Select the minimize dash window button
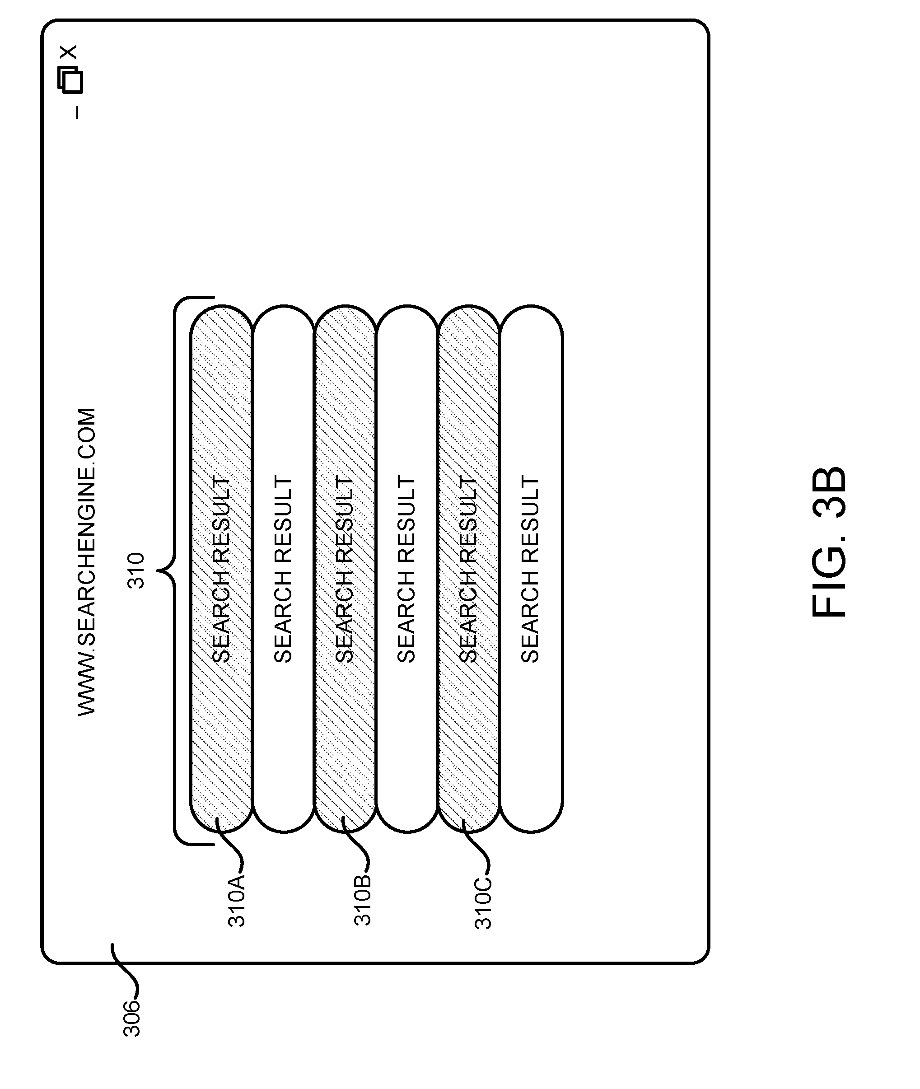pos(77,112)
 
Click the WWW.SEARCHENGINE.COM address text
pos(87,562)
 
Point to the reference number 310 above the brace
pos(135,570)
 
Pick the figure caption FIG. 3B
pos(829,542)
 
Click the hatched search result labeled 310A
pos(221,569)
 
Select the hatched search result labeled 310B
pos(345,569)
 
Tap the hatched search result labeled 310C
pos(469,569)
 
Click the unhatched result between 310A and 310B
pos(284,569)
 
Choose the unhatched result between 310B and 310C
pos(407,569)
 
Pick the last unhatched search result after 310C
pos(531,569)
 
